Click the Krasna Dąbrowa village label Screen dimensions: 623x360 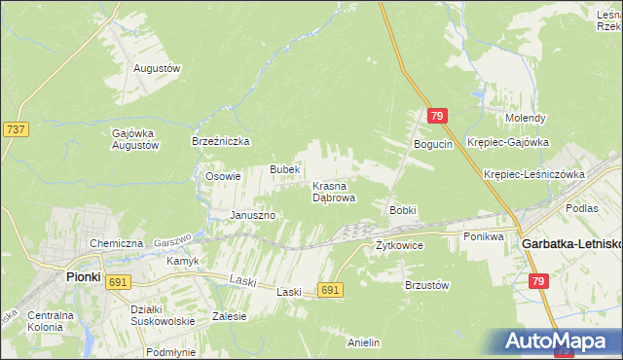click(334, 191)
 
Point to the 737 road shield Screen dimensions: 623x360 click(16, 128)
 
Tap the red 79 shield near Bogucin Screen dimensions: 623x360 click(436, 117)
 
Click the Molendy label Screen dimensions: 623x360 click(525, 118)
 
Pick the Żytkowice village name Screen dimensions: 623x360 click(400, 246)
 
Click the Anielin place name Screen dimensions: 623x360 click(363, 342)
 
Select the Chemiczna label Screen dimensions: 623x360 click(117, 243)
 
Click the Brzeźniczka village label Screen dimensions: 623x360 click(221, 141)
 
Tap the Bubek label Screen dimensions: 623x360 click(284, 169)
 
